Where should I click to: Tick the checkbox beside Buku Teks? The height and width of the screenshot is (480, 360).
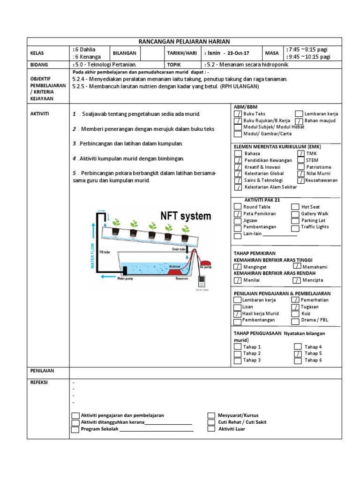(239, 114)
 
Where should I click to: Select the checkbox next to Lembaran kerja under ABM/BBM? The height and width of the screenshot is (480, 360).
(299, 114)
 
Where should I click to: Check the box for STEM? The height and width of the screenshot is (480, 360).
(300, 160)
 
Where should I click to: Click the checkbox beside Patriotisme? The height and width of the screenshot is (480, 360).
(300, 167)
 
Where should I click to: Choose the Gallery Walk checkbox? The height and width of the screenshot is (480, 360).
(295, 214)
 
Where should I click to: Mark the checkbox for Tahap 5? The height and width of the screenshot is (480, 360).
(298, 354)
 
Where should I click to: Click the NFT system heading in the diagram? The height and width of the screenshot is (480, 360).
(186, 217)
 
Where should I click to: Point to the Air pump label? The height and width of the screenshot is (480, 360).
(206, 267)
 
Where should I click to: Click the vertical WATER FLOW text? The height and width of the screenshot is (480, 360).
(92, 256)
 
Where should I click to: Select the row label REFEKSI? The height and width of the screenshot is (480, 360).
(40, 382)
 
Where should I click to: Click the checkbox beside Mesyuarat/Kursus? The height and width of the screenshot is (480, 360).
(211, 415)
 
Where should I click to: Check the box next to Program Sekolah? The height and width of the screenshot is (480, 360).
(75, 429)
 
